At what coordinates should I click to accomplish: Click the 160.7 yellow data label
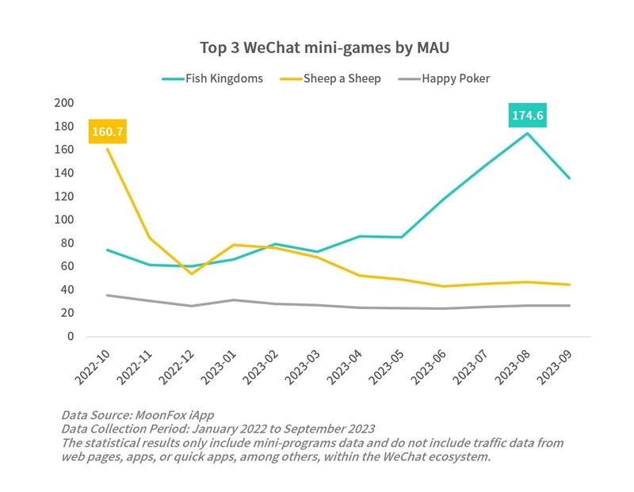click(108, 132)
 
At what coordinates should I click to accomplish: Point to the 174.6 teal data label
click(527, 116)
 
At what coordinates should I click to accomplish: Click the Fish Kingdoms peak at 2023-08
click(527, 133)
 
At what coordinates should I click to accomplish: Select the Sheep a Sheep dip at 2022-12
click(192, 274)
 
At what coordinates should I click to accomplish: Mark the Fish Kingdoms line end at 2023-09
click(569, 178)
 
